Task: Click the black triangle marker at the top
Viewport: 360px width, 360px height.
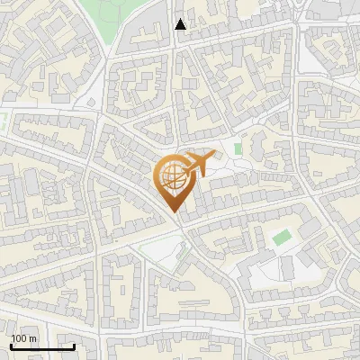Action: (181, 24)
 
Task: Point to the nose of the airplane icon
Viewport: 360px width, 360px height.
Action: (215, 157)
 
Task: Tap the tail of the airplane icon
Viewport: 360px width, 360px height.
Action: (183, 168)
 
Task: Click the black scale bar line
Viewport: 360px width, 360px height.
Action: (41, 346)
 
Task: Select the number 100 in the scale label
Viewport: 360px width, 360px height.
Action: (19, 338)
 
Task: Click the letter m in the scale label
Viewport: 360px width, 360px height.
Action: (32, 338)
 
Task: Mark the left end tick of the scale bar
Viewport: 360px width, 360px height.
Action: (11, 346)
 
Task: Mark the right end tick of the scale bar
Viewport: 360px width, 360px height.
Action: (74, 346)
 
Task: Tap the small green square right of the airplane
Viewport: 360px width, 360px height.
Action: (238, 148)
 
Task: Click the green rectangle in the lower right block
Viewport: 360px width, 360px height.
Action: (282, 237)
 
